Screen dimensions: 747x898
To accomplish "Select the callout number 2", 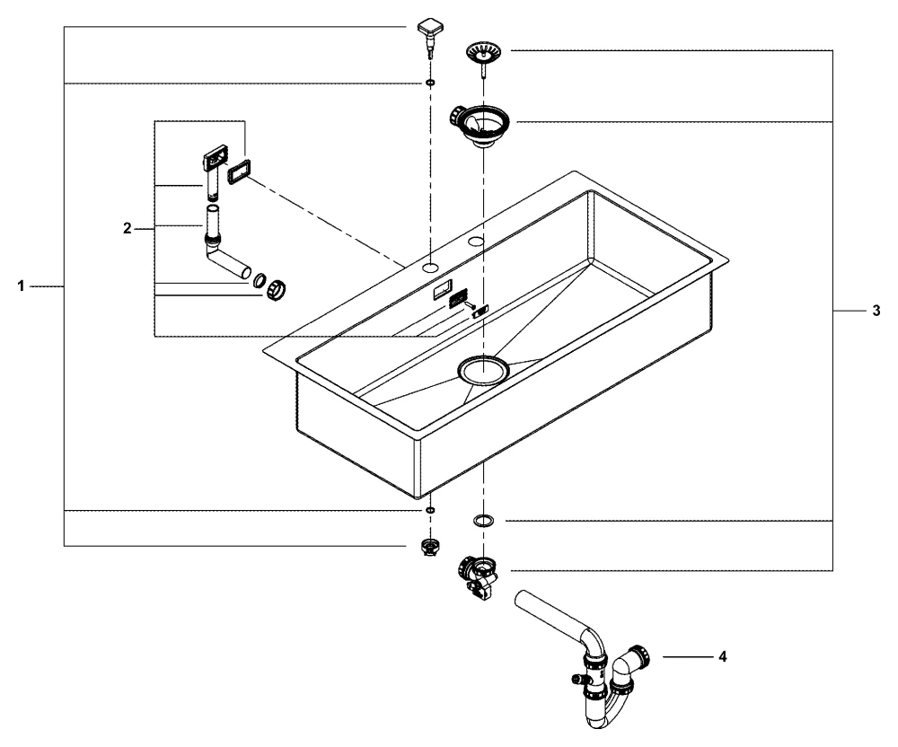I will point(127,229).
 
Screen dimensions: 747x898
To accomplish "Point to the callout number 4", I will point(722,656).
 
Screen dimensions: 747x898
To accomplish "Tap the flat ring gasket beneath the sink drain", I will point(483,520).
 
